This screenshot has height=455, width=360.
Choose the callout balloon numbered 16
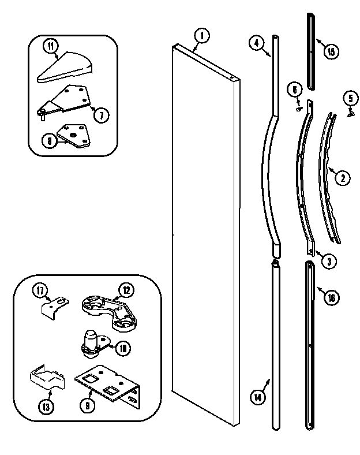(331, 297)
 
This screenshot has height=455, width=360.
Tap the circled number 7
(100, 115)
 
